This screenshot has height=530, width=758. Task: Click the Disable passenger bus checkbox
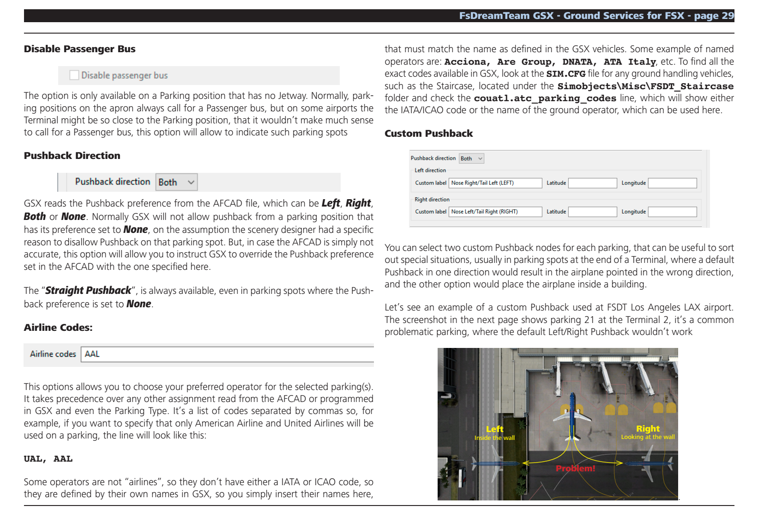point(74,75)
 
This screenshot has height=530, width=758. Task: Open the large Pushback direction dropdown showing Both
point(177,182)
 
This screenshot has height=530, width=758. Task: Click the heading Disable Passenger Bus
point(79,49)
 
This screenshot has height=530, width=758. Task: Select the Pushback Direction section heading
point(72,156)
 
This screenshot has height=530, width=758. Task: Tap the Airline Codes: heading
point(58,328)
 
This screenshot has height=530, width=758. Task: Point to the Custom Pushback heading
point(428,134)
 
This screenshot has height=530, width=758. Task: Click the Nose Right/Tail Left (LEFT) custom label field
point(495,183)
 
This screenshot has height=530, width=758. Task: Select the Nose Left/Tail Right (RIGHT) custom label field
point(495,212)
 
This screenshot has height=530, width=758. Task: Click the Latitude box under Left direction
point(592,183)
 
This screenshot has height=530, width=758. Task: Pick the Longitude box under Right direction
point(672,212)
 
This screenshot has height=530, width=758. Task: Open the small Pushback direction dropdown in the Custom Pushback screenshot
point(471,158)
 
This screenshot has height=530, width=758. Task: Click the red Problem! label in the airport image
point(575,469)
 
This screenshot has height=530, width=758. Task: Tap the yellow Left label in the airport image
point(494,429)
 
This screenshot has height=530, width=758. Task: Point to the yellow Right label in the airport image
point(648,429)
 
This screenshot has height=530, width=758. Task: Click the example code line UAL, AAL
point(48,459)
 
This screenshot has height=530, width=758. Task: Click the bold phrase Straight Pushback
point(88,291)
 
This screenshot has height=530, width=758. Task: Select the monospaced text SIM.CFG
point(565,74)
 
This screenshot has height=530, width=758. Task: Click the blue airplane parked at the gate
point(572,415)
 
